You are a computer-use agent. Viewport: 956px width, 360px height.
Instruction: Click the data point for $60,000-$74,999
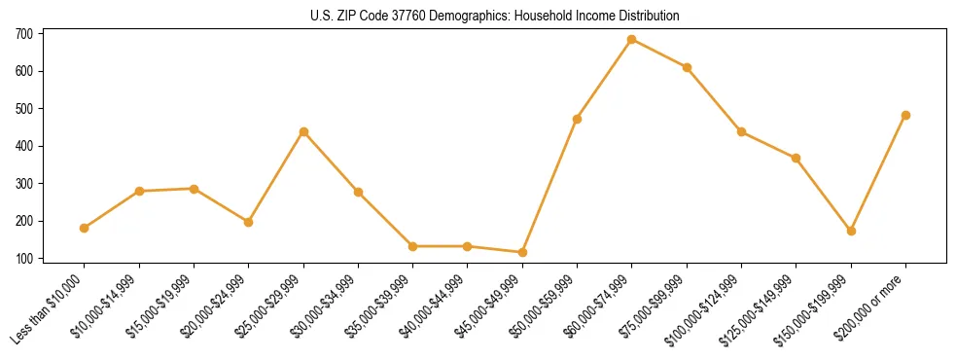(x=632, y=40)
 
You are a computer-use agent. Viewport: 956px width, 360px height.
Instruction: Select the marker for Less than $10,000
(x=84, y=228)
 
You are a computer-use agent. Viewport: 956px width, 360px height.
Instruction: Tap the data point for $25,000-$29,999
(x=303, y=131)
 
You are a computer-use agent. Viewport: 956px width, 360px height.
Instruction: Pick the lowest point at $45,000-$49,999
(x=522, y=252)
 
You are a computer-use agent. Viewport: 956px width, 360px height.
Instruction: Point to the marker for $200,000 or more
(x=905, y=115)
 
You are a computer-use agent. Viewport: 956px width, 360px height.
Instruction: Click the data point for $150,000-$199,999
(x=851, y=231)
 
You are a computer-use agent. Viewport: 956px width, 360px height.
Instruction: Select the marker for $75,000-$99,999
(x=687, y=67)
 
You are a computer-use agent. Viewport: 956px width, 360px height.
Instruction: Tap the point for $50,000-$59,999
(x=577, y=119)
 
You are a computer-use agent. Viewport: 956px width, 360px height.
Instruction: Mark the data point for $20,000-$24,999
(x=248, y=222)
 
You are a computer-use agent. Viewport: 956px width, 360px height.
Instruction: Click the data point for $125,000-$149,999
(x=797, y=158)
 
